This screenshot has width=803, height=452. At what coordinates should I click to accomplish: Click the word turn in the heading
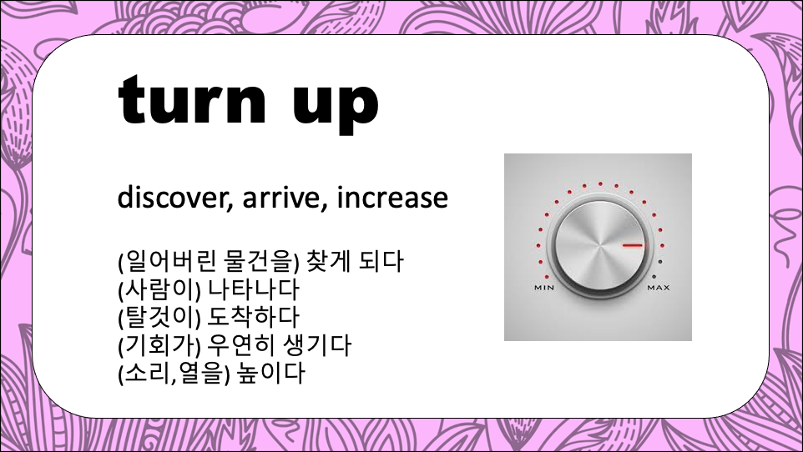193,100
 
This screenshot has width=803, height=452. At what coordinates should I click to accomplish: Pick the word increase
392,198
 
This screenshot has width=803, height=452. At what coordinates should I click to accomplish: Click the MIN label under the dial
544,288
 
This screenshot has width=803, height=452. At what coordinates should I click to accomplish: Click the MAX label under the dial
659,288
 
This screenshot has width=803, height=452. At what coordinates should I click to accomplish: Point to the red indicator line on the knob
633,246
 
